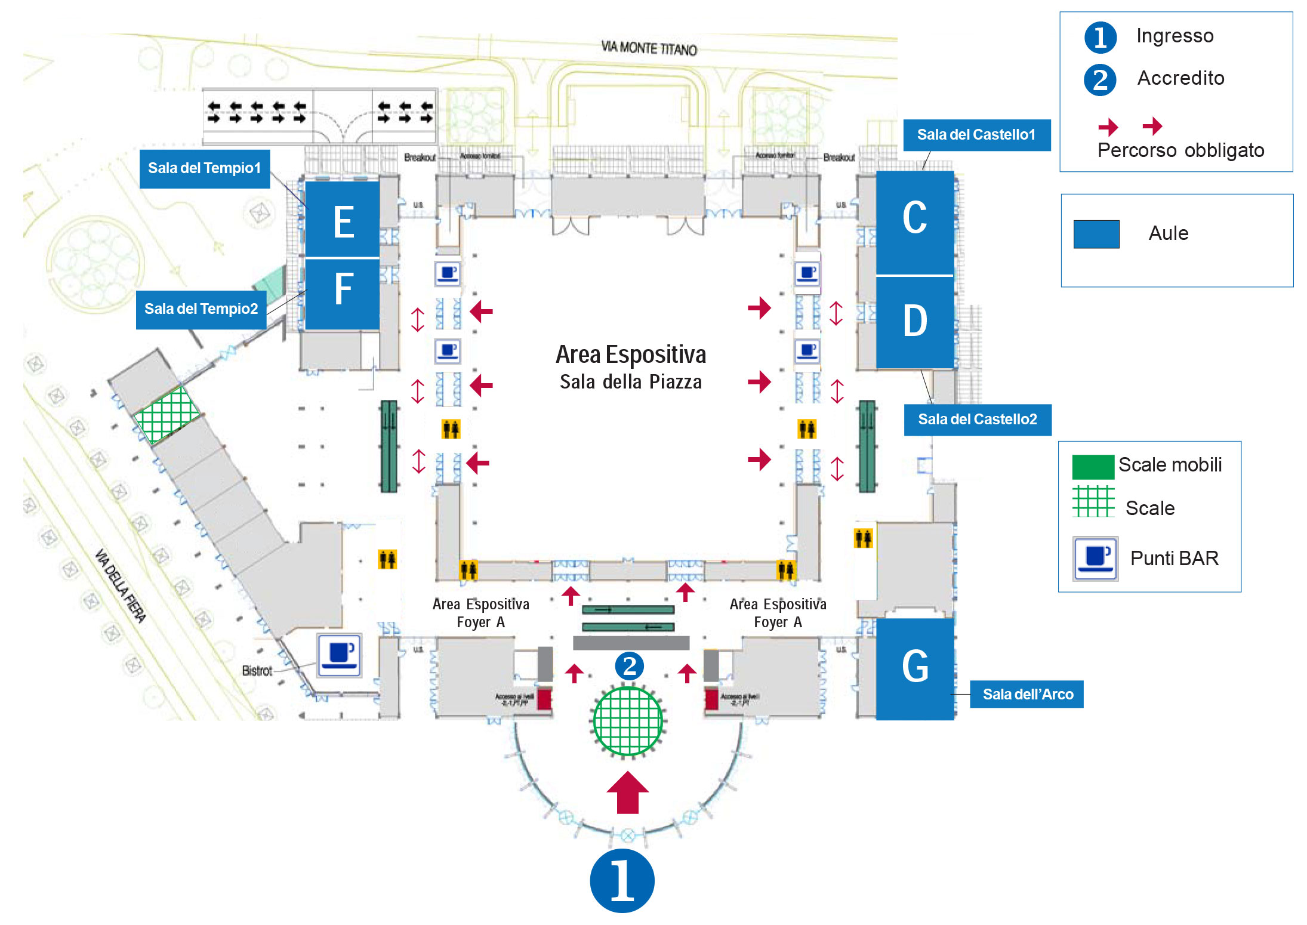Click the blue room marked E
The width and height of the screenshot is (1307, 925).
pyautogui.click(x=343, y=220)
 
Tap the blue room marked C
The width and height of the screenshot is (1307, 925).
pyautogui.click(x=914, y=222)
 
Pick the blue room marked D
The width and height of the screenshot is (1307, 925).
pyautogui.click(x=914, y=322)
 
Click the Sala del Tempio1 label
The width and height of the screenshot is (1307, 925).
pyautogui.click(x=204, y=169)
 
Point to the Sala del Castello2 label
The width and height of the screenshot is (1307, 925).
pyautogui.click(x=977, y=420)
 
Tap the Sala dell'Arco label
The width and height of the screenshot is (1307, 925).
pyautogui.click(x=1027, y=694)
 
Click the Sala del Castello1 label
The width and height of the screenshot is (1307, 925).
pyautogui.click(x=976, y=135)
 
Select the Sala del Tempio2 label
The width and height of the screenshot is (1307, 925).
pyautogui.click(x=201, y=309)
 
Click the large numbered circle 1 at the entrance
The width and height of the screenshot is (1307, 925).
pyautogui.click(x=622, y=880)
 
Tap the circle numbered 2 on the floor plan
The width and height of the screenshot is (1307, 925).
pyautogui.click(x=629, y=666)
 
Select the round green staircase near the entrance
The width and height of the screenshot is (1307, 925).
pyautogui.click(x=627, y=721)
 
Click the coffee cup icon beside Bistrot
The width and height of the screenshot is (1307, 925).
pyautogui.click(x=339, y=655)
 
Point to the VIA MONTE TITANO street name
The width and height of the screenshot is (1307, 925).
pyautogui.click(x=649, y=48)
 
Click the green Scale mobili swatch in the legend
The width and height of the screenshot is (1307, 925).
pyautogui.click(x=1093, y=467)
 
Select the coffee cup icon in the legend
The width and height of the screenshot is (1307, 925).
pyautogui.click(x=1095, y=559)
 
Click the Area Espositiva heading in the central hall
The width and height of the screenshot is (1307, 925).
pyautogui.click(x=631, y=354)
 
